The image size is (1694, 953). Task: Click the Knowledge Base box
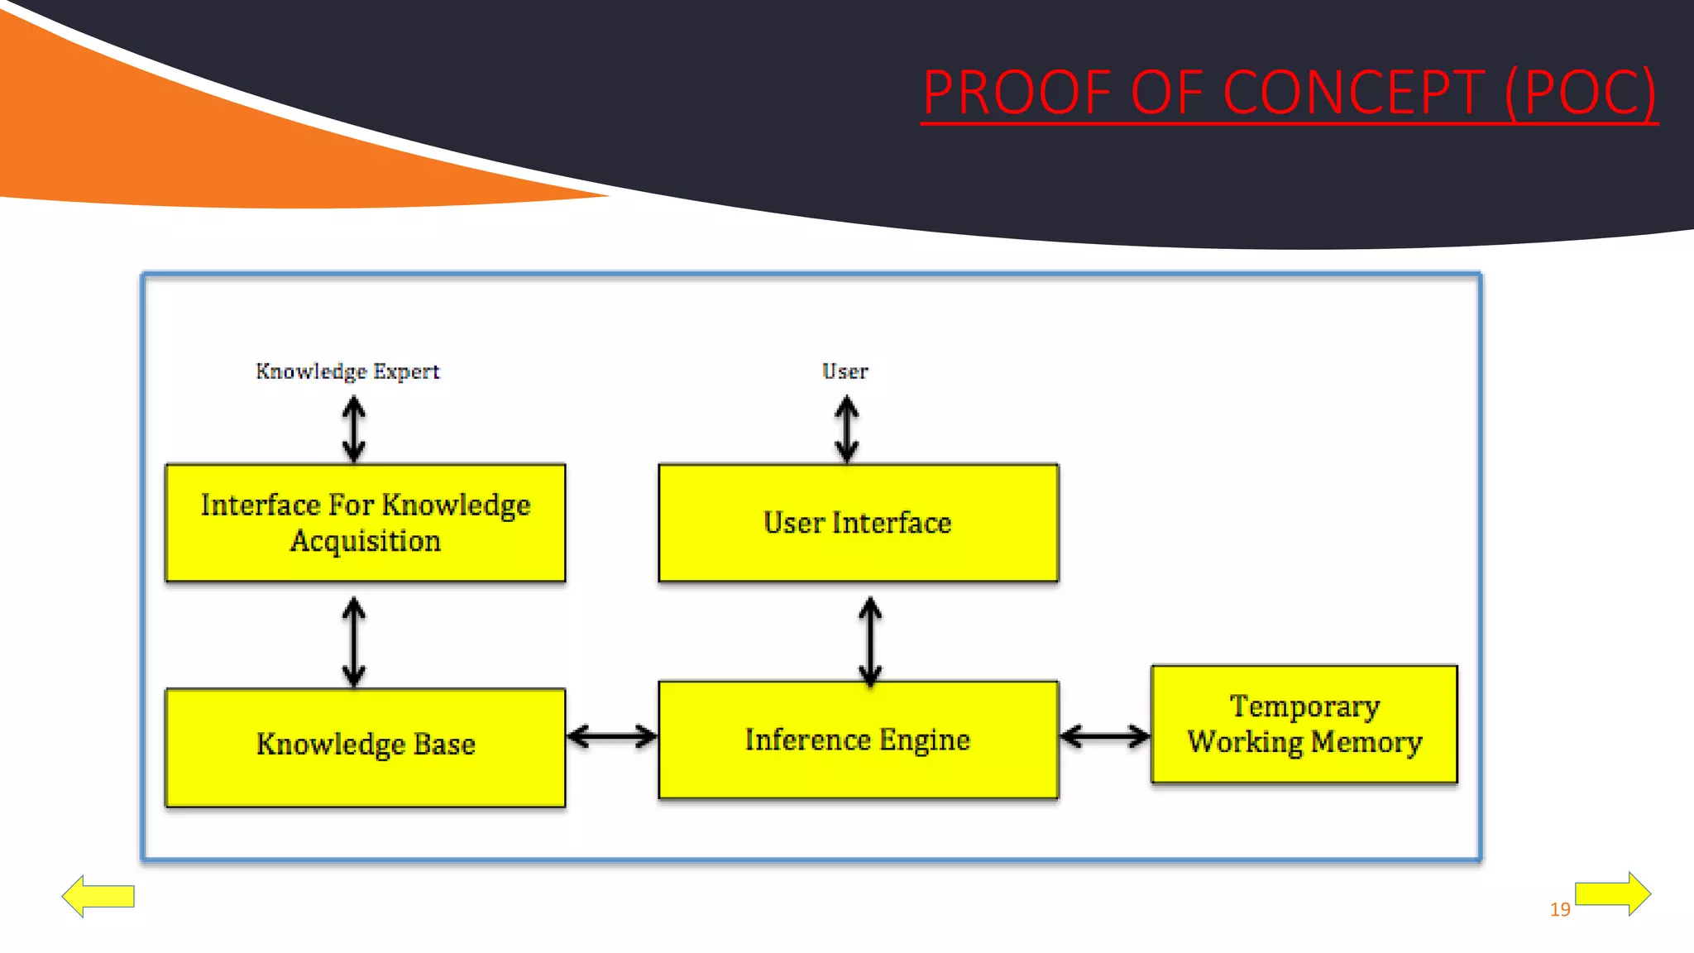coord(365,746)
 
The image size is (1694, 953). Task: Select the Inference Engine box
coord(858,740)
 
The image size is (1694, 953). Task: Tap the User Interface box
coord(858,523)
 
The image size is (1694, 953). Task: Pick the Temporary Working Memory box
coord(1304,724)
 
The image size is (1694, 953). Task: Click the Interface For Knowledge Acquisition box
coord(365,523)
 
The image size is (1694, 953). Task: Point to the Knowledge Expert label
coord(347,371)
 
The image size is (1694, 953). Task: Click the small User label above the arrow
coord(845,371)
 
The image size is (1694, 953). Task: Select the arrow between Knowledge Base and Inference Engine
coord(612,735)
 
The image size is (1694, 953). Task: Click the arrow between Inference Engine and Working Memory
coord(1104,735)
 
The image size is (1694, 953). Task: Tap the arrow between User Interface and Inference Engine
coord(869,641)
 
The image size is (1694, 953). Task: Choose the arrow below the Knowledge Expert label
coord(354,429)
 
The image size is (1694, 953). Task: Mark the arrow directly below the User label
coord(846,429)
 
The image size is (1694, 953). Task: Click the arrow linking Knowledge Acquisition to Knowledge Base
coord(354,641)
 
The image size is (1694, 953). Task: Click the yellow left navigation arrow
coord(98,896)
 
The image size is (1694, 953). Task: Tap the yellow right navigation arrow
coord(1612,893)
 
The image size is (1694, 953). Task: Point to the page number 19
coord(1559,909)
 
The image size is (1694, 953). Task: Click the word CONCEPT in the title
coord(1353,93)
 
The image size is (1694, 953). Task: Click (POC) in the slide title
coord(1580,93)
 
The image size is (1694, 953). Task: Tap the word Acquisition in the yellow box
coord(365,541)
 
